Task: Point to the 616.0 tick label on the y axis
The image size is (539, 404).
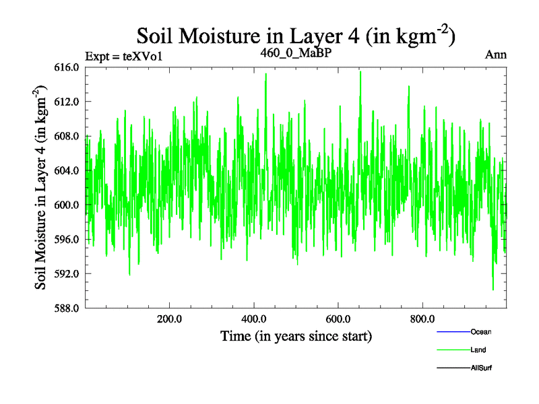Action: pos(67,67)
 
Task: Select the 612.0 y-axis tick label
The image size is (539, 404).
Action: pos(67,102)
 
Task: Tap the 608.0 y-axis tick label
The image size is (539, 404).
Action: pos(67,136)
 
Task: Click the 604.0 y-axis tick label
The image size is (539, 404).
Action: pos(67,170)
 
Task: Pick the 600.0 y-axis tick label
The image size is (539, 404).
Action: pos(67,205)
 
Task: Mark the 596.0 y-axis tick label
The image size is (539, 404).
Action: pos(67,239)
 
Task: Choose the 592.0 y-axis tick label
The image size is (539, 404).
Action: pos(67,273)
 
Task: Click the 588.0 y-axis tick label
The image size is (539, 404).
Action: pos(67,308)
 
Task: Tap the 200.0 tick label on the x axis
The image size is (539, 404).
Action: pos(170,319)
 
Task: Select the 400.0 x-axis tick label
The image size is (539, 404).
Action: pos(254,319)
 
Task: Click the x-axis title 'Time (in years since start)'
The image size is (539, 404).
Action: pos(296,335)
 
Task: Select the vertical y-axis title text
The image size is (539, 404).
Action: pos(42,187)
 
